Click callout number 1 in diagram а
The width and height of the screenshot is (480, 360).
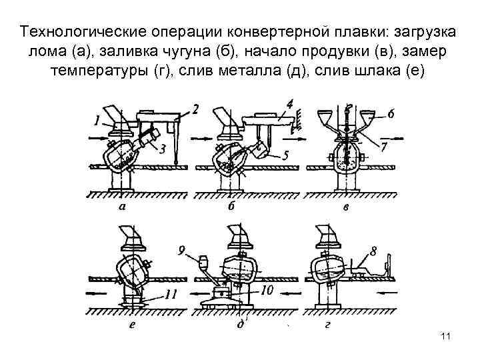click(97, 120)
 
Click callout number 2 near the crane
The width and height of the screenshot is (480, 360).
click(194, 109)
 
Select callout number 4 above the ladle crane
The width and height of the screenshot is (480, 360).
click(289, 105)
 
